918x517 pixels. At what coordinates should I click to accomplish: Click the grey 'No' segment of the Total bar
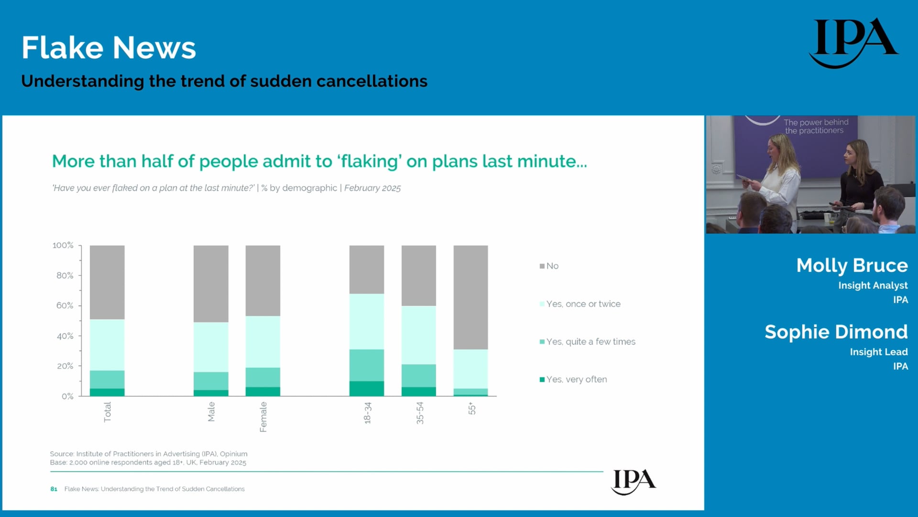click(x=107, y=282)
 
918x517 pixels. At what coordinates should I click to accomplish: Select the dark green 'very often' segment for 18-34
click(x=367, y=388)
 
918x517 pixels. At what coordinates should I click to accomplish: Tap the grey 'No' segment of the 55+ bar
click(x=470, y=297)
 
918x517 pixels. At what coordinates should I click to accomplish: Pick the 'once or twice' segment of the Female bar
click(x=263, y=342)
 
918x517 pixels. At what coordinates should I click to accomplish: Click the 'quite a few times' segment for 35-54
click(x=419, y=376)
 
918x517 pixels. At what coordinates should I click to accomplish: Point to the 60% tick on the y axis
click(x=79, y=305)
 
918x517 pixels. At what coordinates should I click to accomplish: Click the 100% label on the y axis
click(x=63, y=245)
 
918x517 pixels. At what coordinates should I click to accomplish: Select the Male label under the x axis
click(x=211, y=412)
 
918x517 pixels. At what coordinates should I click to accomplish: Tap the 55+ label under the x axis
click(x=471, y=408)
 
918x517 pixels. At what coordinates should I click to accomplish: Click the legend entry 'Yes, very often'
click(x=573, y=380)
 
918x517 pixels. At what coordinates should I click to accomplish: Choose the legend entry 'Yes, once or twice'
click(x=580, y=304)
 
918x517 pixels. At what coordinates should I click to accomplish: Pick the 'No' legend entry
click(x=549, y=266)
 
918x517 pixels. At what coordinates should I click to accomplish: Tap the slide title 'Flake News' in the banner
click(x=109, y=48)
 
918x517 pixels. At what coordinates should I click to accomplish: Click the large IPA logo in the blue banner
click(x=854, y=43)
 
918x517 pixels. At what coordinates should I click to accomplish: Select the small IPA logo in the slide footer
click(x=634, y=482)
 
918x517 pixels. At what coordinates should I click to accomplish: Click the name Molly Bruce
click(x=852, y=265)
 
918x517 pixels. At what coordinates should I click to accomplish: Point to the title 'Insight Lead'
click(x=879, y=352)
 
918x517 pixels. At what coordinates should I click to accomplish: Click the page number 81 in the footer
click(x=54, y=489)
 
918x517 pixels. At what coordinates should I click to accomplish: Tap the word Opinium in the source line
click(x=234, y=454)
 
